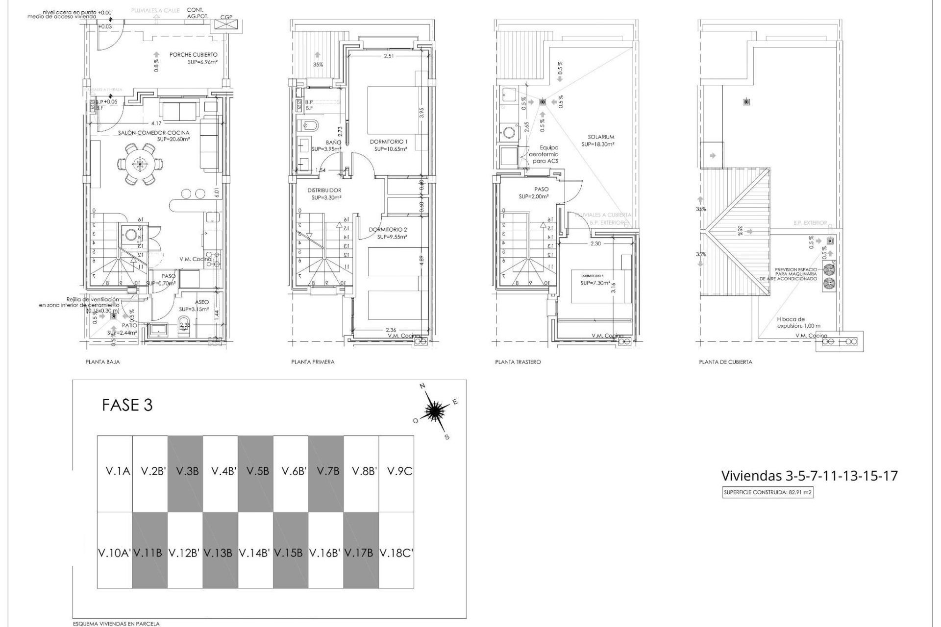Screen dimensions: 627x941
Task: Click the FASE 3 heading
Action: (x=127, y=405)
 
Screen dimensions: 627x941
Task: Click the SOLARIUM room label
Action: (x=601, y=137)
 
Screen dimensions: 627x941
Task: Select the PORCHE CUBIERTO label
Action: (x=193, y=55)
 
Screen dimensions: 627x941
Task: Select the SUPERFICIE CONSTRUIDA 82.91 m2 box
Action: (x=768, y=493)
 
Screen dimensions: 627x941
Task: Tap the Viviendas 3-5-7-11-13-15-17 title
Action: (x=809, y=476)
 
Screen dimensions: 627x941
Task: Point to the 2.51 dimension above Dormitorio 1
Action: (x=389, y=56)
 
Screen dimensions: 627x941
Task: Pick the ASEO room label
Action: (x=201, y=302)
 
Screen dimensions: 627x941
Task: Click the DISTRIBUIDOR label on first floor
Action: (x=324, y=191)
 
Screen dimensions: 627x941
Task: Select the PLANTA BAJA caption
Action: (x=102, y=362)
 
